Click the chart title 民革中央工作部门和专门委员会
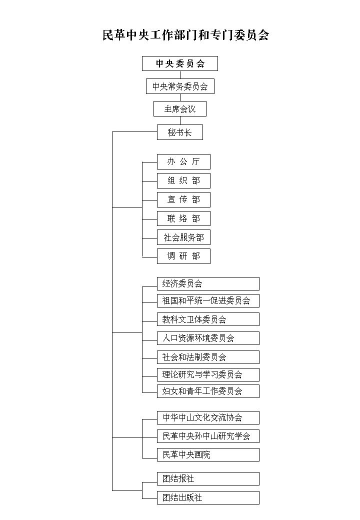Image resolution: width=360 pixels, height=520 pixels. point(185,35)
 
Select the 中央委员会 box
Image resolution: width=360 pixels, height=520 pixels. point(180,63)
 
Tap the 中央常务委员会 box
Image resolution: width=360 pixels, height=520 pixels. point(180,86)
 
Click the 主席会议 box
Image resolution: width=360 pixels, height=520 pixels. point(180,108)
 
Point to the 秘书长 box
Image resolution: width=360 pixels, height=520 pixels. point(180,132)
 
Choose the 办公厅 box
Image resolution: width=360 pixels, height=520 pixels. point(183,161)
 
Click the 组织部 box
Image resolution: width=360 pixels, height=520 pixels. point(183,180)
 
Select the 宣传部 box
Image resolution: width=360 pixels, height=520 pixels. point(183,199)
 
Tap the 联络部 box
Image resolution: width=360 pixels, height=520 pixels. point(183,218)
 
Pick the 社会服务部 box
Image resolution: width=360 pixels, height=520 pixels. point(183,237)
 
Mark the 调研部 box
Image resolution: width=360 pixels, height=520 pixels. point(183,256)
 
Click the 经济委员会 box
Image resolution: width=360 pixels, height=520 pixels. point(208,283)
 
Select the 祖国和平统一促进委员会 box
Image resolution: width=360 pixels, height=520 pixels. point(208,300)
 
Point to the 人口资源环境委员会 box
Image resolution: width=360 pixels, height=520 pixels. point(208,338)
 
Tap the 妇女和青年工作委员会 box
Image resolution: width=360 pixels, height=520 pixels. point(208,391)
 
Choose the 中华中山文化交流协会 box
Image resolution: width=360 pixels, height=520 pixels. point(208,417)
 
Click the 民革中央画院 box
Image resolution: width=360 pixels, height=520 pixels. point(208,454)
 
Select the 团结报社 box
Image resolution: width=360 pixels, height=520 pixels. point(208,478)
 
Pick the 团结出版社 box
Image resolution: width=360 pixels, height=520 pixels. point(208,497)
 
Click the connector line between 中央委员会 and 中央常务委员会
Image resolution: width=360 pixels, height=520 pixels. point(180,74)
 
